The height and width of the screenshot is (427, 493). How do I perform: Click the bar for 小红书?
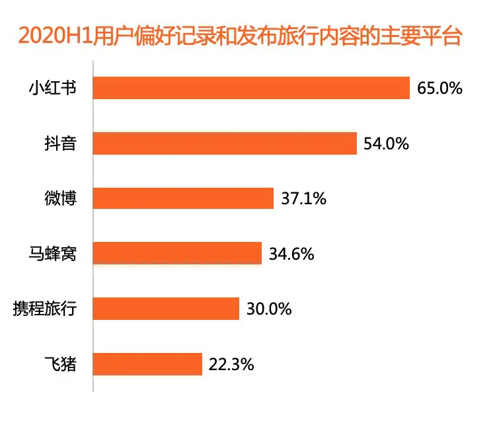[x=252, y=88]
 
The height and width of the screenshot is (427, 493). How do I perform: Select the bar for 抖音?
[x=225, y=143]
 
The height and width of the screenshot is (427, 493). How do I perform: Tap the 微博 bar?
[x=184, y=198]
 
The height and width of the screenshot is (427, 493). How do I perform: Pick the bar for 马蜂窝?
[x=178, y=253]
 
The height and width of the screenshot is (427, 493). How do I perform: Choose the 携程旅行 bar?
[x=167, y=308]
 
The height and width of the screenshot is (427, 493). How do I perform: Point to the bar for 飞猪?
[x=148, y=364]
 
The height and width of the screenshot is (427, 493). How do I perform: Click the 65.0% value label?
[x=439, y=88]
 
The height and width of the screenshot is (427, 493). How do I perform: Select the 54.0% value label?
[x=387, y=143]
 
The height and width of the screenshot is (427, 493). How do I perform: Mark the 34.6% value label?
[x=291, y=253]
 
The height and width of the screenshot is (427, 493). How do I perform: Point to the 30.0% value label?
[x=269, y=308]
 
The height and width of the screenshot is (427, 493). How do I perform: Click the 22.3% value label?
[x=231, y=364]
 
